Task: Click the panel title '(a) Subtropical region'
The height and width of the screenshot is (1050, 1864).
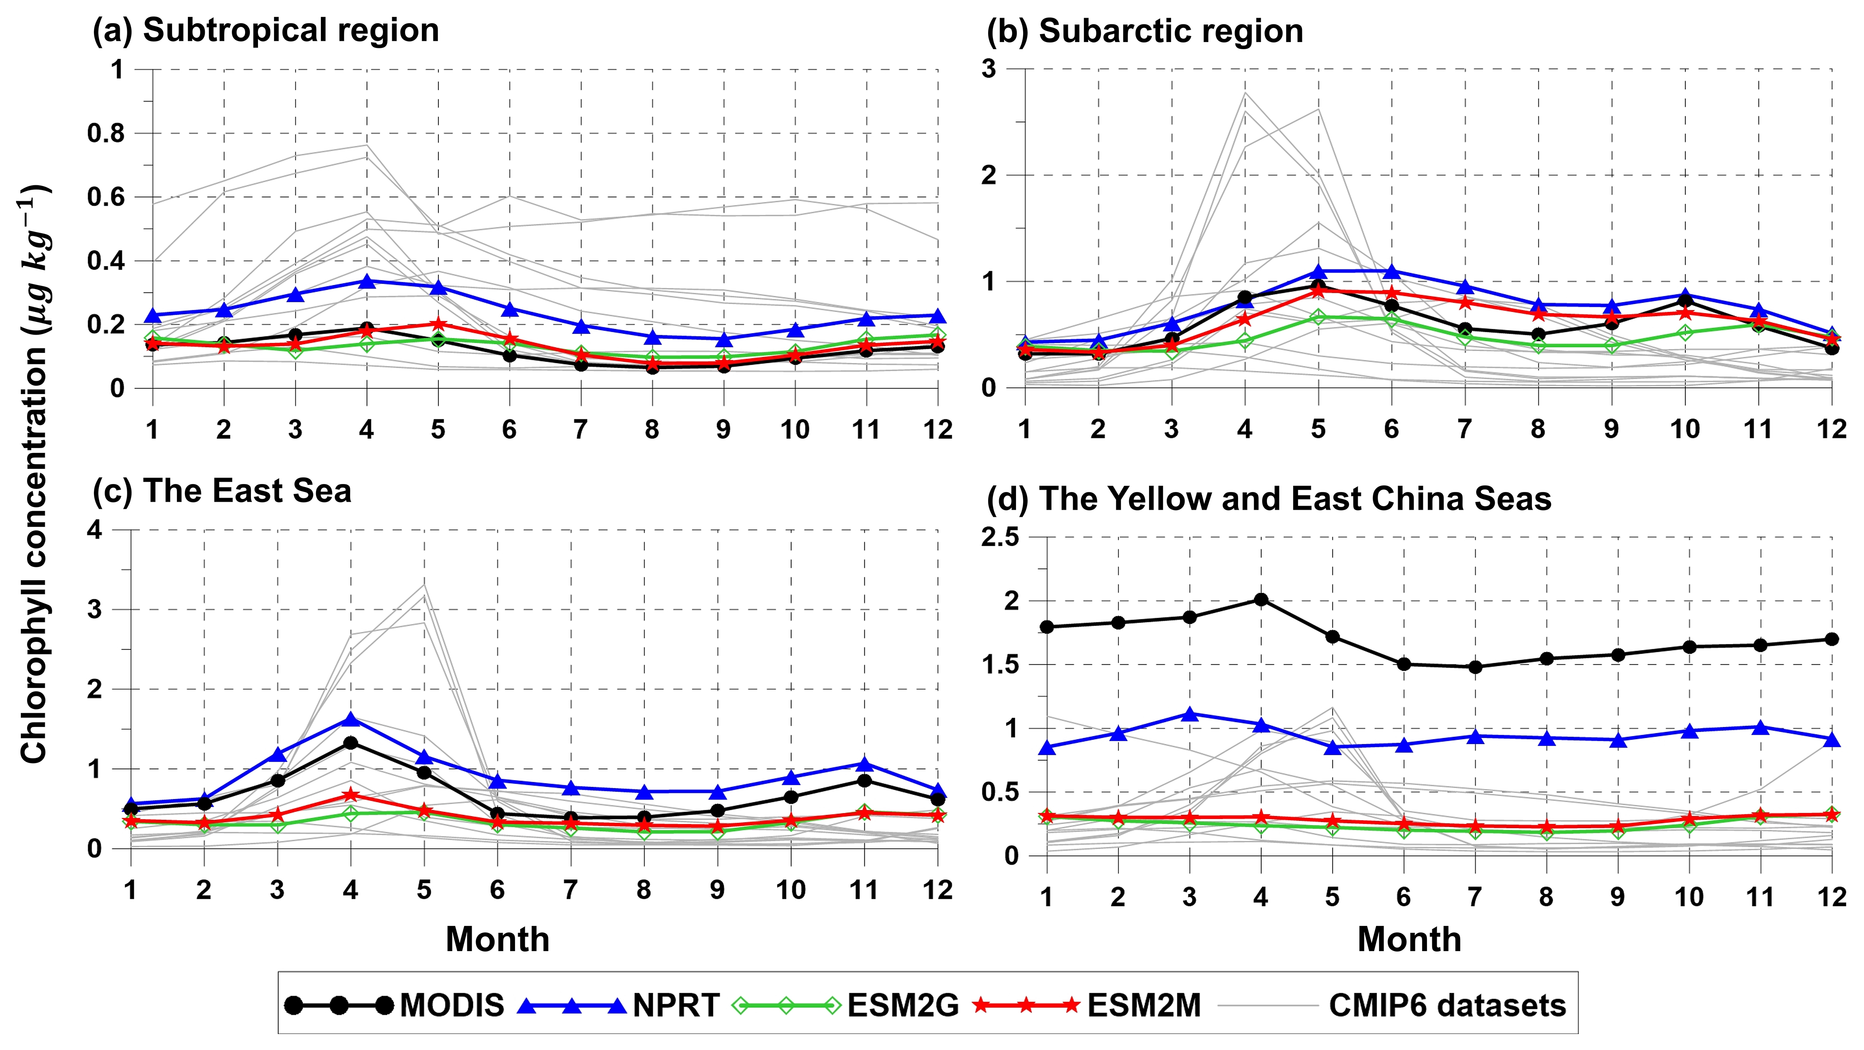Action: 266,31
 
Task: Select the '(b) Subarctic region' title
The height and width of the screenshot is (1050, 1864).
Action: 1145,31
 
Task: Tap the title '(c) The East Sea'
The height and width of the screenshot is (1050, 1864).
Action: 222,492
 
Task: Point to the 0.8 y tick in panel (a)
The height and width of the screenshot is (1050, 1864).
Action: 106,133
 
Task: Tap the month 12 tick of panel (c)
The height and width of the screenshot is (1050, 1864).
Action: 938,890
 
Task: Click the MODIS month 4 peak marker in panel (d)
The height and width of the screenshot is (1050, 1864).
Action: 1261,600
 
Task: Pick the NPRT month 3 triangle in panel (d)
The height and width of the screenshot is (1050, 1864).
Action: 1189,714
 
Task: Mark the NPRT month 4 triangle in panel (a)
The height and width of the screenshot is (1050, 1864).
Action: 367,281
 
